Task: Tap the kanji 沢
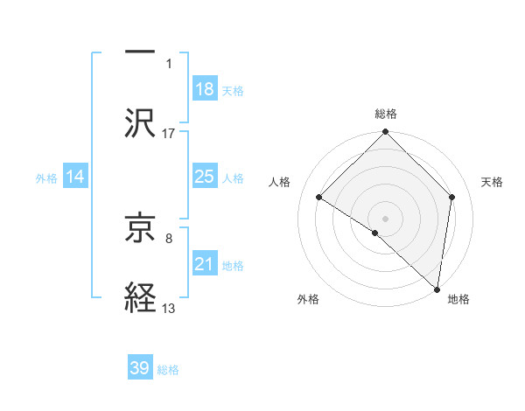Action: [x=141, y=122]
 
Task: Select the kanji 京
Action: [x=141, y=230]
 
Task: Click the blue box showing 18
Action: [x=205, y=89]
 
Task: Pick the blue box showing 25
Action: [x=205, y=177]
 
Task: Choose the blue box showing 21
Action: [x=205, y=264]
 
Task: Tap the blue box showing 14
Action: [x=75, y=177]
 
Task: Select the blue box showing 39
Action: [x=140, y=368]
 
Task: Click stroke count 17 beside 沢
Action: [x=169, y=134]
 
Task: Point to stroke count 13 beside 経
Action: [x=169, y=309]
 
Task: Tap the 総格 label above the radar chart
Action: [x=386, y=114]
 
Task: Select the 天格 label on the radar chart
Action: [x=493, y=182]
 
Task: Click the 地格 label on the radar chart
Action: [x=458, y=299]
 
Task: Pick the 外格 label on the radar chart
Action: [x=308, y=299]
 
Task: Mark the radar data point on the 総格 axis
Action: [x=386, y=133]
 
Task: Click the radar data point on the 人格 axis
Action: [x=319, y=198]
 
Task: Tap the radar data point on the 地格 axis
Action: [x=437, y=289]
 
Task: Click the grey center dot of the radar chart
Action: [x=386, y=218]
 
